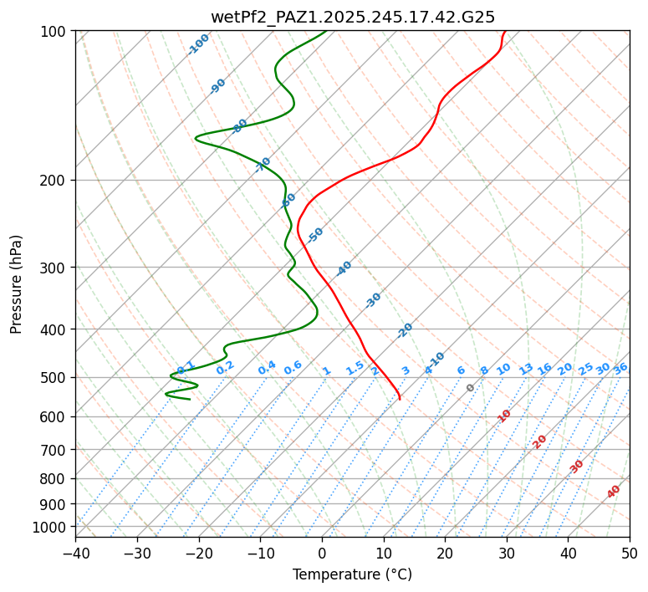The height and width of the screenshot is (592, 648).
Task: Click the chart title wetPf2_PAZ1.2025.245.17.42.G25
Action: (x=353, y=17)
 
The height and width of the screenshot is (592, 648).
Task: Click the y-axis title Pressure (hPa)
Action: (x=18, y=283)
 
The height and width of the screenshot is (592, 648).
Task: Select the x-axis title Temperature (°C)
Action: (x=352, y=574)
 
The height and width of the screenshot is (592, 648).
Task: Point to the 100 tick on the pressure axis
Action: (x=56, y=32)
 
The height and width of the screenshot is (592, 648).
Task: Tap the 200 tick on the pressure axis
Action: (x=56, y=180)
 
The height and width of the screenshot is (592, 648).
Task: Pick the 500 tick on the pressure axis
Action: (x=56, y=377)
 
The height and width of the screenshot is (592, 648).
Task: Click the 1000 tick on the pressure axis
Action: (x=53, y=527)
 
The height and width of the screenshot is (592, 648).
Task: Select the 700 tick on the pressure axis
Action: (x=56, y=450)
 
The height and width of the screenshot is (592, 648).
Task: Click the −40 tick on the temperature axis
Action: (x=75, y=553)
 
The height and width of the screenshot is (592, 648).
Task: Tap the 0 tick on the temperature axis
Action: (x=322, y=553)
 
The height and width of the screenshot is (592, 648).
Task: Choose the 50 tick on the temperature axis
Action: (x=630, y=553)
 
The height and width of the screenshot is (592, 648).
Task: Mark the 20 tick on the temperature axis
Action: (x=445, y=553)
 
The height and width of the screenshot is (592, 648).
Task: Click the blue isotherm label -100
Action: (x=198, y=44)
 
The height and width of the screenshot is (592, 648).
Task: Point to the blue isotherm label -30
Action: (x=373, y=300)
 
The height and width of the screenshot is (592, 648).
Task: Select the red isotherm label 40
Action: (x=614, y=492)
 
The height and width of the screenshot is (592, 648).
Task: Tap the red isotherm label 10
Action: (x=504, y=416)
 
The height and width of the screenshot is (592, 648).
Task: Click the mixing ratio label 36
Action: (x=620, y=368)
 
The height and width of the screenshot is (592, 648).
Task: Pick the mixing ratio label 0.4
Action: (x=267, y=369)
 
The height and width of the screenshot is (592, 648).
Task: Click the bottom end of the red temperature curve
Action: (x=400, y=399)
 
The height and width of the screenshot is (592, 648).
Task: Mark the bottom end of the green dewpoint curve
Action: (x=190, y=399)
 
